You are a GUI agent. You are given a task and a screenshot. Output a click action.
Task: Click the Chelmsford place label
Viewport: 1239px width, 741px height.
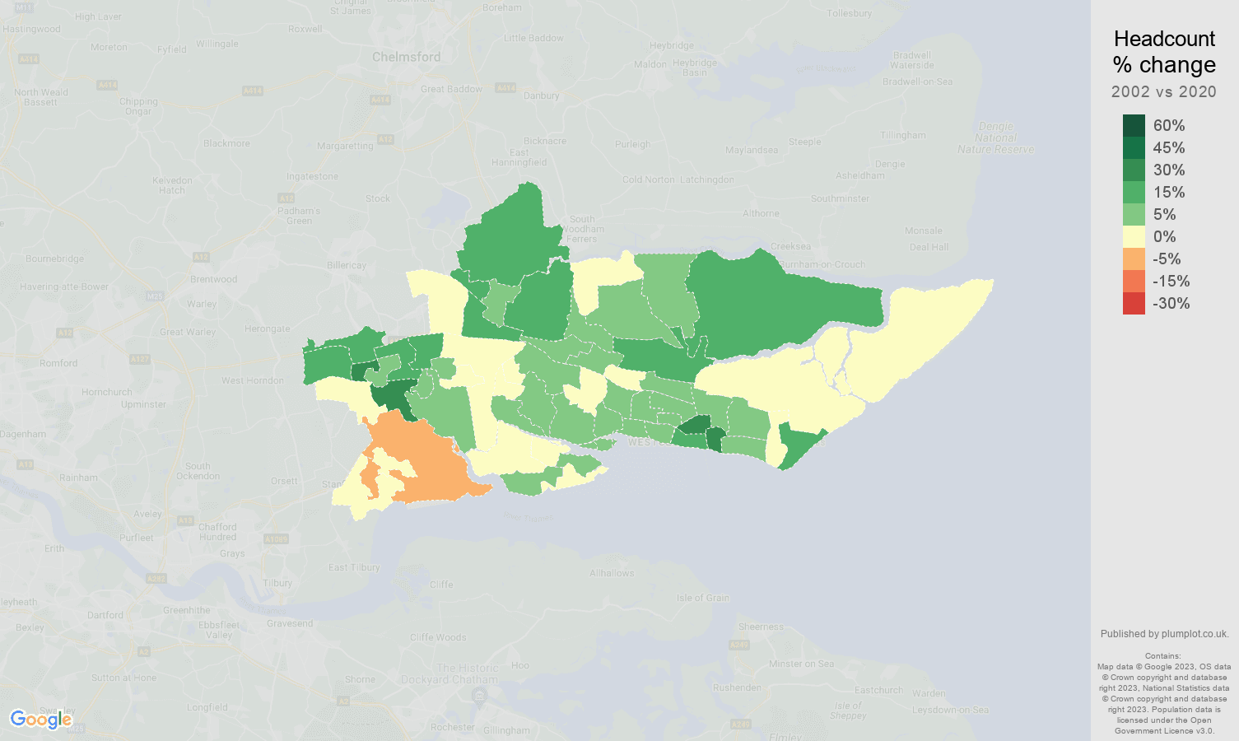(x=406, y=57)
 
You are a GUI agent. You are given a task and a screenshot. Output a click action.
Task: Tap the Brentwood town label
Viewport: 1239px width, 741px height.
(x=213, y=279)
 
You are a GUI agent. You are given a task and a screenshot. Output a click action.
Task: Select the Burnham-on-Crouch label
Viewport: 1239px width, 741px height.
(x=822, y=264)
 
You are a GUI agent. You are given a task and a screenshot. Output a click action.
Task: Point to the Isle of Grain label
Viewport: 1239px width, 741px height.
(x=702, y=598)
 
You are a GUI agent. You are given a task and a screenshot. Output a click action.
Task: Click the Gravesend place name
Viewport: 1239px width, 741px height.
(x=290, y=623)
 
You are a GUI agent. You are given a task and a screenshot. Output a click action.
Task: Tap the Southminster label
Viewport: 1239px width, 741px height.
(x=840, y=198)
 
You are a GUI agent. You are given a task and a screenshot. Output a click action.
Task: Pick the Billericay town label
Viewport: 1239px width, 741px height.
(x=346, y=265)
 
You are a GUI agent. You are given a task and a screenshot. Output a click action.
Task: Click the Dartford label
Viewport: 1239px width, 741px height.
(x=105, y=615)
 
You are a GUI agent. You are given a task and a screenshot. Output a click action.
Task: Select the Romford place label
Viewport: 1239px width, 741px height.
(x=58, y=363)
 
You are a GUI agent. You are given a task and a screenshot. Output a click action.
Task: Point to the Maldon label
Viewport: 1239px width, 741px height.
(x=650, y=64)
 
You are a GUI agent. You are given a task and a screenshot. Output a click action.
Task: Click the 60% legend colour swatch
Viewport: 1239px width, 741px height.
(x=1134, y=125)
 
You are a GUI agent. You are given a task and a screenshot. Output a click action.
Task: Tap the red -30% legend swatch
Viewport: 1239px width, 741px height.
(x=1134, y=303)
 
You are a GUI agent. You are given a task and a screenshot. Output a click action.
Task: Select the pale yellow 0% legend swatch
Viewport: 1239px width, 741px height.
(x=1134, y=236)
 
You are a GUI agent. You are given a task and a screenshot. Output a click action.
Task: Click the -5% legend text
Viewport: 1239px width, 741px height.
(x=1167, y=259)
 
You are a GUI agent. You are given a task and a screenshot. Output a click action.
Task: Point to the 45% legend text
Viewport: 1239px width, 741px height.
(x=1169, y=147)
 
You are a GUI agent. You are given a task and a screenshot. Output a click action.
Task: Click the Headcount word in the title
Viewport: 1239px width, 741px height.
(x=1164, y=39)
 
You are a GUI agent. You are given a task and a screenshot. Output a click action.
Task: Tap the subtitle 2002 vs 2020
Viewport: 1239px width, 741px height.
(x=1163, y=91)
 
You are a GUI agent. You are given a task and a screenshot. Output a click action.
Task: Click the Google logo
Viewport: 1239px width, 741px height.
(x=41, y=720)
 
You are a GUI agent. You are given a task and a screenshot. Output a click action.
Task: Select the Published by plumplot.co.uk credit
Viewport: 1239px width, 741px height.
(x=1164, y=634)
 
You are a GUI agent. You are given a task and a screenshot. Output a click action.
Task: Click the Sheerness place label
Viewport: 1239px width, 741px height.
(x=761, y=627)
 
